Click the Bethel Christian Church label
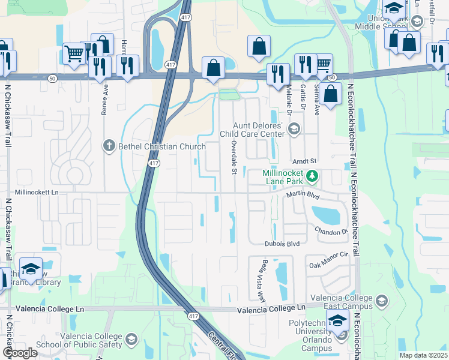(154, 145)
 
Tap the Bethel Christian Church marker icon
(109, 145)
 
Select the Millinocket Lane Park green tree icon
(312, 176)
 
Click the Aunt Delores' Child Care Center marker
(294, 128)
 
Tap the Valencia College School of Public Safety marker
(131, 341)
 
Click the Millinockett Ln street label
(37, 193)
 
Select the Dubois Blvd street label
(282, 244)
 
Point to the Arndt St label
(304, 161)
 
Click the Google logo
(20, 353)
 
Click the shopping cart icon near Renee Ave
(74, 53)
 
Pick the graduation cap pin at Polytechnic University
(337, 320)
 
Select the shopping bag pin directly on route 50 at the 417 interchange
(213, 68)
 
